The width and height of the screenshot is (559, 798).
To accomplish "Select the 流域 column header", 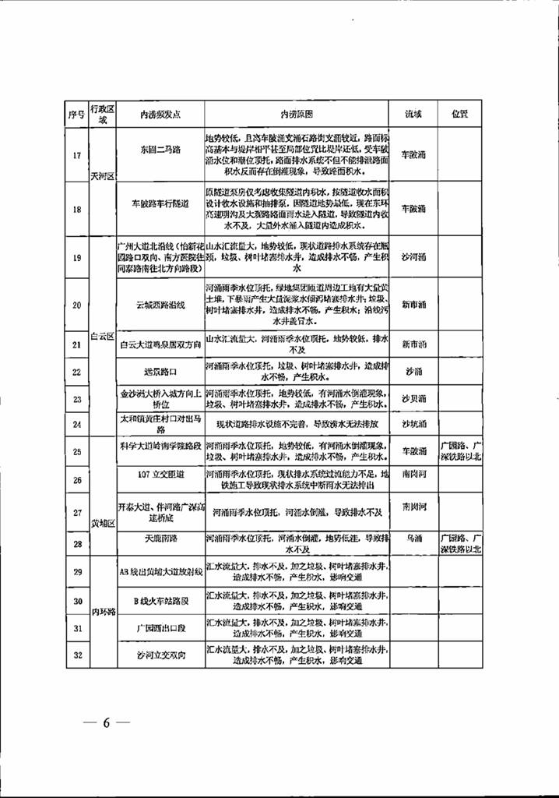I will (x=413, y=114).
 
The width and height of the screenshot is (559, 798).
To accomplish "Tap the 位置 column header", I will (x=459, y=114).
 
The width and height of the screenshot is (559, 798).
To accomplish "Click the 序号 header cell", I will (x=76, y=114).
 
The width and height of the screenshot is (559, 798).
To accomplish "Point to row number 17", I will (x=76, y=155).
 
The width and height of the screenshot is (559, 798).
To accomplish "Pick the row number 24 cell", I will (x=76, y=425).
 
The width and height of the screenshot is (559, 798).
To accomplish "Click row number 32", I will (x=76, y=655).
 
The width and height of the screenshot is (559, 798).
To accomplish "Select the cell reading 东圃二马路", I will (x=160, y=150).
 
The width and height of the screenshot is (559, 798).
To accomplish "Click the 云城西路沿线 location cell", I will (x=160, y=305).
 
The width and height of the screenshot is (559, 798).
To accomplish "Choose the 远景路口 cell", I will (x=160, y=373).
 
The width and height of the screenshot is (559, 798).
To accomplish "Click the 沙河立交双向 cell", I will (x=160, y=655).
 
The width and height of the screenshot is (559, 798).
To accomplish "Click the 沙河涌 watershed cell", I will (x=413, y=255).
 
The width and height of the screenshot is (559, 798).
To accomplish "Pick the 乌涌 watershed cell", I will (x=413, y=537).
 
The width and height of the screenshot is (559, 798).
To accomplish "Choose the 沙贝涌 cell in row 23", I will (x=413, y=399).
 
